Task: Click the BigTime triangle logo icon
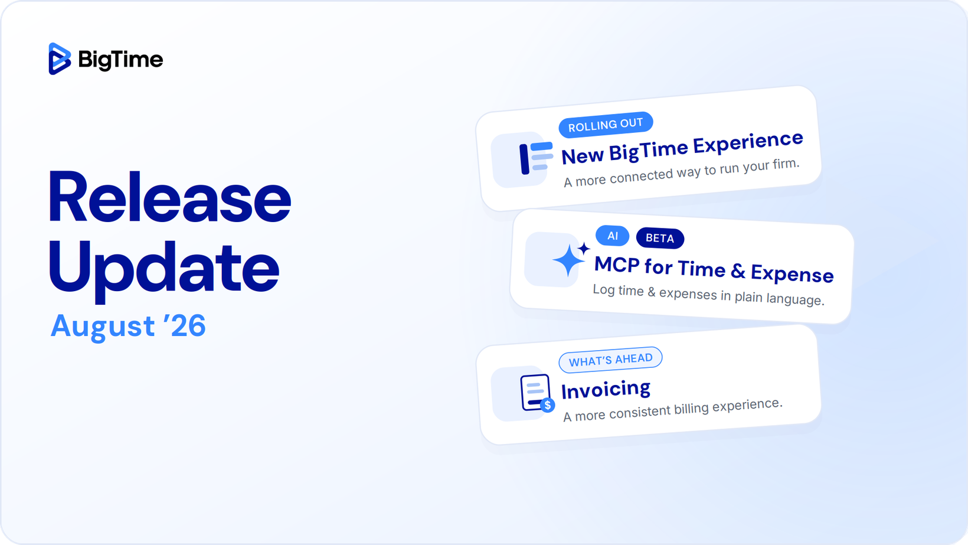(60, 59)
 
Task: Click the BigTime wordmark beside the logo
(120, 60)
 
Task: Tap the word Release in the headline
(169, 198)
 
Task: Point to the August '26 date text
(128, 325)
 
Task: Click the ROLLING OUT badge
(606, 125)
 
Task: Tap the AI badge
(612, 236)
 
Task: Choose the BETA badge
(660, 238)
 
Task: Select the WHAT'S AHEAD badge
(610, 360)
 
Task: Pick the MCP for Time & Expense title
(714, 270)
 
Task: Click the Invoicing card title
(606, 389)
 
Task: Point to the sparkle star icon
(570, 259)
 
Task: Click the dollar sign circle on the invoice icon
(548, 406)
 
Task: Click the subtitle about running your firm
(682, 173)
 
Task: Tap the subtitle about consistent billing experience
(672, 410)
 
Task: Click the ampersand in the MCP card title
(738, 271)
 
